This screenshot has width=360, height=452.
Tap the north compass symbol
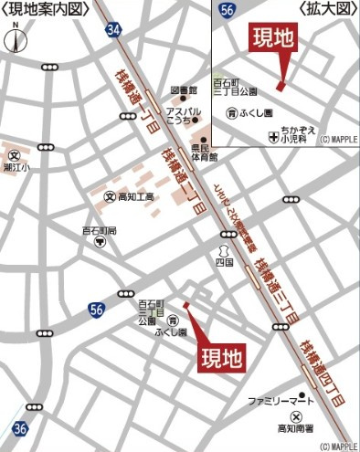pos(14,40)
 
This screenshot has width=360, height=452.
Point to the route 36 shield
pos(20,427)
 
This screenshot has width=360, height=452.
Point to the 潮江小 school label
pos(18,168)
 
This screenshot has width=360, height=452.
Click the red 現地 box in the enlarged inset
pos(274,39)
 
